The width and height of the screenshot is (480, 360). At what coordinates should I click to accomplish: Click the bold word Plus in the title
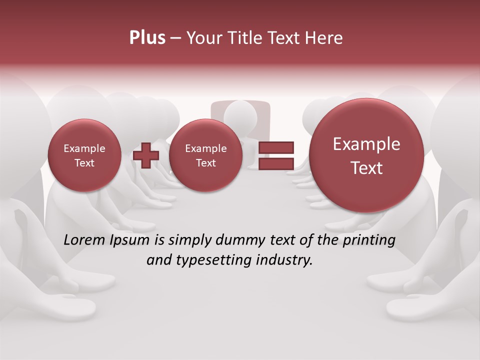(x=147, y=38)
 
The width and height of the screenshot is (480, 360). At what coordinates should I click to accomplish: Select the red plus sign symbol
(x=146, y=155)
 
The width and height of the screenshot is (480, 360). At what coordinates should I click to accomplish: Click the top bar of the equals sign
(x=275, y=147)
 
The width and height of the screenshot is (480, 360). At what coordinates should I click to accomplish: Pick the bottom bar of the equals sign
(x=275, y=163)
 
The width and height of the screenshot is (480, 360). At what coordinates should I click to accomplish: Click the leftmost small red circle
(x=84, y=155)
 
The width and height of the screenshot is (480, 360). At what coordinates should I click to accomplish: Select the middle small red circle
(x=205, y=155)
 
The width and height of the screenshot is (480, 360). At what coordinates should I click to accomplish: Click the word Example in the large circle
(x=366, y=144)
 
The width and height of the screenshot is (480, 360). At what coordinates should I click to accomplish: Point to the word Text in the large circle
(x=366, y=168)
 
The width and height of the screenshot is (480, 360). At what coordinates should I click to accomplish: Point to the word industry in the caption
(x=284, y=260)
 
